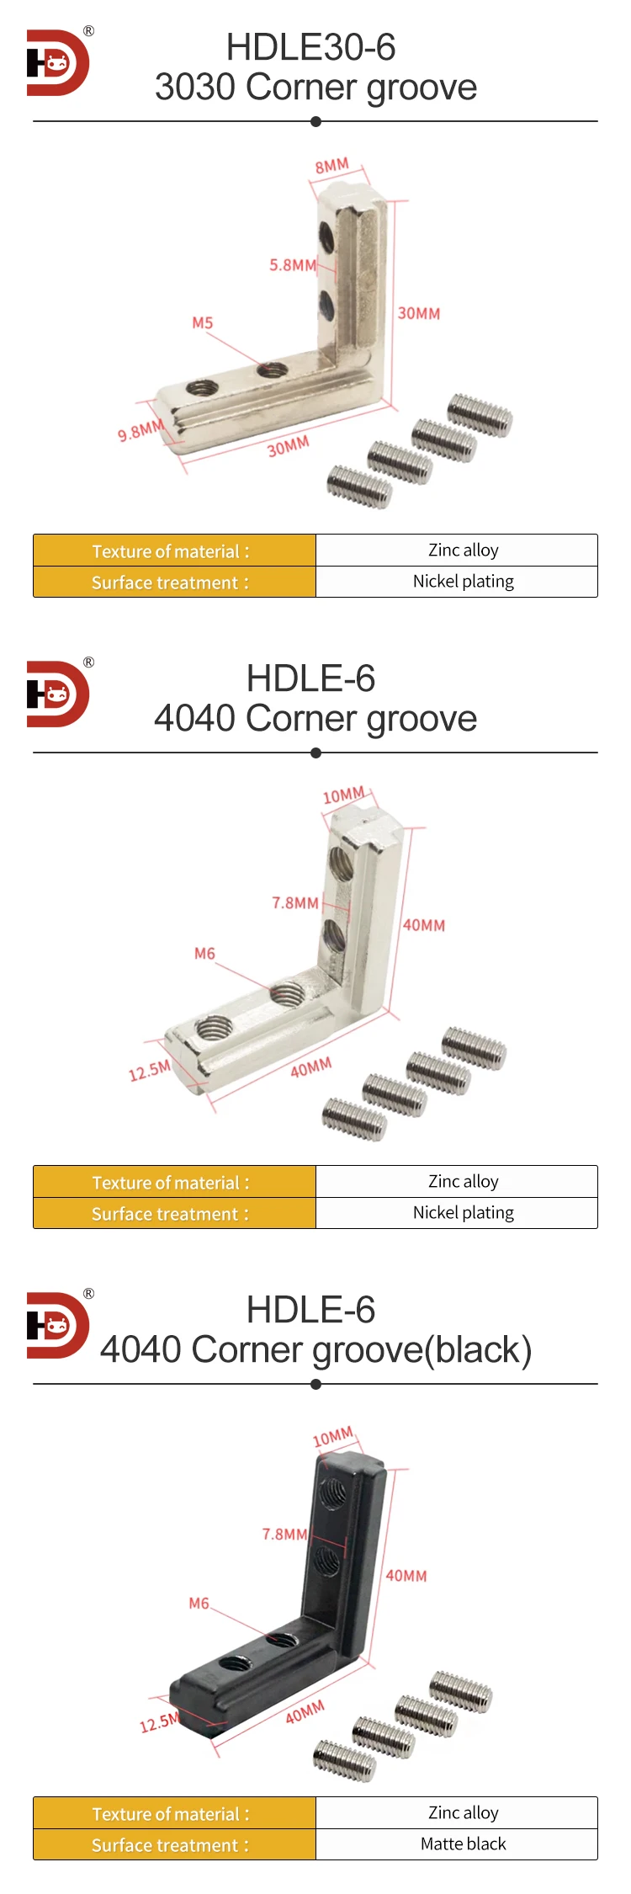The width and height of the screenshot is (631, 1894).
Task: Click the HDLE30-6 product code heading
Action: [x=310, y=48]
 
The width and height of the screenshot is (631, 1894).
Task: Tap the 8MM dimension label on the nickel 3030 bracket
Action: [x=331, y=166]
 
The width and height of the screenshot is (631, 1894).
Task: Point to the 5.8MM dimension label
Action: [x=292, y=265]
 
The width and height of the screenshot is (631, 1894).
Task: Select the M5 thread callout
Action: [x=202, y=323]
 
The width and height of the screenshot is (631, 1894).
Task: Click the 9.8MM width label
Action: [x=140, y=431]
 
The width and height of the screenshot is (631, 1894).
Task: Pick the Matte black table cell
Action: [x=463, y=1843]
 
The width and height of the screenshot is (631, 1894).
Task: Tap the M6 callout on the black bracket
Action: [x=199, y=1604]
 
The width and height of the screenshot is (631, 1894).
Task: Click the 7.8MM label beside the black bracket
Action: [x=284, y=1535]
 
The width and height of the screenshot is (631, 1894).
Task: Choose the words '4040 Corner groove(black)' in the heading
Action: [x=315, y=1350]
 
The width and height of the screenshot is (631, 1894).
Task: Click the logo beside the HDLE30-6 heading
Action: [x=57, y=63]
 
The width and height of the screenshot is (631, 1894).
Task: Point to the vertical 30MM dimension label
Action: [x=418, y=313]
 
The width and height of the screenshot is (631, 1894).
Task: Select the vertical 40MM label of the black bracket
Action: [x=406, y=1576]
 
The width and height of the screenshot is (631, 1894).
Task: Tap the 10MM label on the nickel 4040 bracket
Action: [x=343, y=795]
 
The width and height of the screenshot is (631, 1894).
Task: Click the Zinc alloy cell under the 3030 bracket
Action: [x=463, y=551]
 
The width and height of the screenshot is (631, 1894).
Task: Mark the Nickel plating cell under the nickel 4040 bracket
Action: [x=463, y=1212]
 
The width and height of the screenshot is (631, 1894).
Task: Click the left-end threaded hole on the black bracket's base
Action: [x=233, y=1663]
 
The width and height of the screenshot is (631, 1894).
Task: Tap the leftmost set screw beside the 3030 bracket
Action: [x=359, y=487]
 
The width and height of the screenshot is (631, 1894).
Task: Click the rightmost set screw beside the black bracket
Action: [x=460, y=1691]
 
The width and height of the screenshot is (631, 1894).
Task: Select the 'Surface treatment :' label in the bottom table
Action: [x=170, y=1845]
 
